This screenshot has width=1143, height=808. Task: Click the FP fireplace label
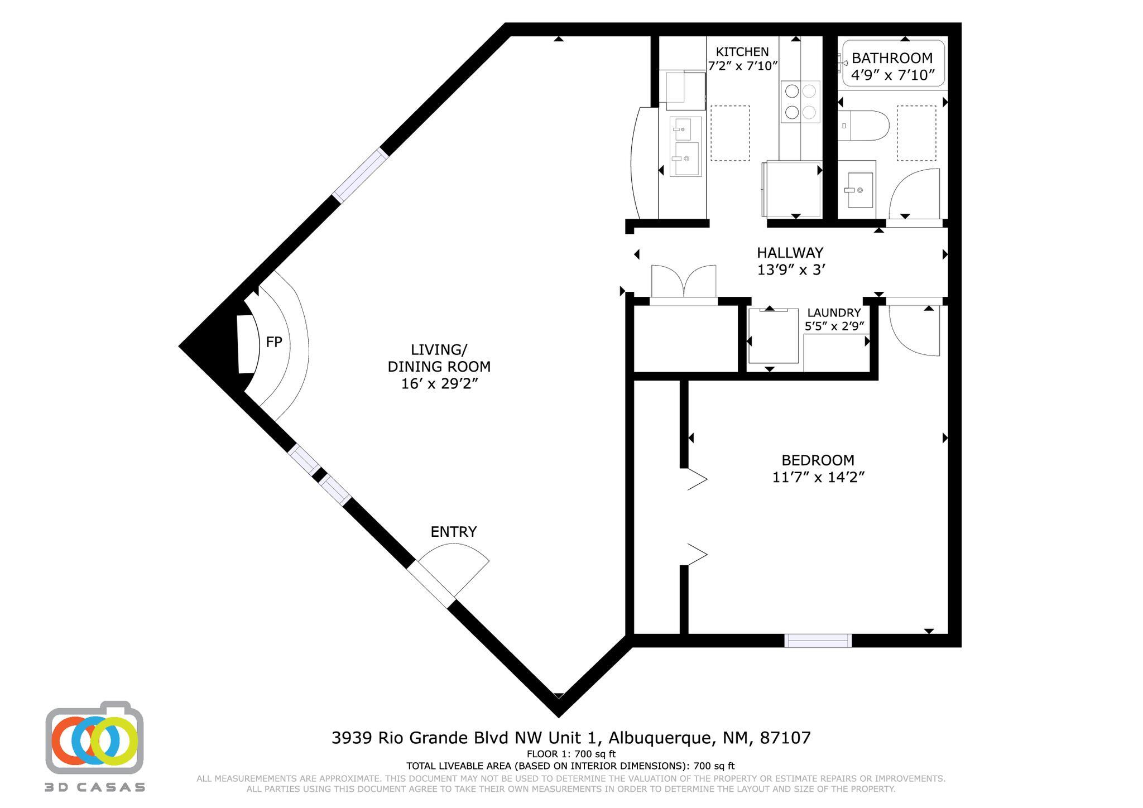pyautogui.click(x=273, y=342)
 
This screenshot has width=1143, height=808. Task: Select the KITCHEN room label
pyautogui.click(x=742, y=52)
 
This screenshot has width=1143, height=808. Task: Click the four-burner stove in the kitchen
pyautogui.click(x=800, y=102)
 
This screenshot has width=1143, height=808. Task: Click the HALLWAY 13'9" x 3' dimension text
pyautogui.click(x=791, y=270)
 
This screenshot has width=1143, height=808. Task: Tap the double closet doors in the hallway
pyautogui.click(x=683, y=282)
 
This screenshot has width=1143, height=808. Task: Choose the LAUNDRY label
pyautogui.click(x=834, y=312)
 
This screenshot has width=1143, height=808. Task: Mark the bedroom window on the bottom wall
pyautogui.click(x=818, y=641)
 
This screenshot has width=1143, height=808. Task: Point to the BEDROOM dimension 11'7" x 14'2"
pyautogui.click(x=818, y=478)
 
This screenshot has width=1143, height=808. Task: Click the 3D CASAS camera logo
pyautogui.click(x=94, y=738)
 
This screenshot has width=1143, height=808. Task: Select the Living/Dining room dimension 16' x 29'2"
pyautogui.click(x=439, y=384)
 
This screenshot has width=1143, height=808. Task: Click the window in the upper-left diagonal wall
pyautogui.click(x=360, y=174)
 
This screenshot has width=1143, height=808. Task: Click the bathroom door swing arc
pyautogui.click(x=913, y=193)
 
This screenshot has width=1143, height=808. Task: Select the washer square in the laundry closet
pyautogui.click(x=773, y=338)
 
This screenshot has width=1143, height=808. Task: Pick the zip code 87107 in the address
pyautogui.click(x=786, y=738)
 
